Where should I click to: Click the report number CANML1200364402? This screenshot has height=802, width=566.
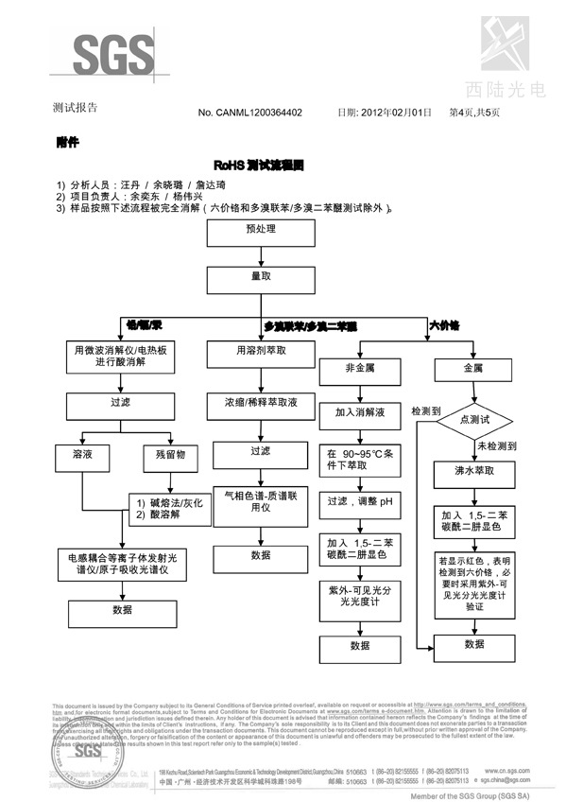pos(249,113)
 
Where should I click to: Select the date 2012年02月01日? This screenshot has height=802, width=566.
pos(395,113)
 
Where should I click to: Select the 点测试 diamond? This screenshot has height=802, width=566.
pos(473,419)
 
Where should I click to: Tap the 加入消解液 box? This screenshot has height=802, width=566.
pos(360,413)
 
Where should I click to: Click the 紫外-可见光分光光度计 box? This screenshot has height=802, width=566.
pos(360,595)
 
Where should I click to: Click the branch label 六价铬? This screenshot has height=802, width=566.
pos(444,325)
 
